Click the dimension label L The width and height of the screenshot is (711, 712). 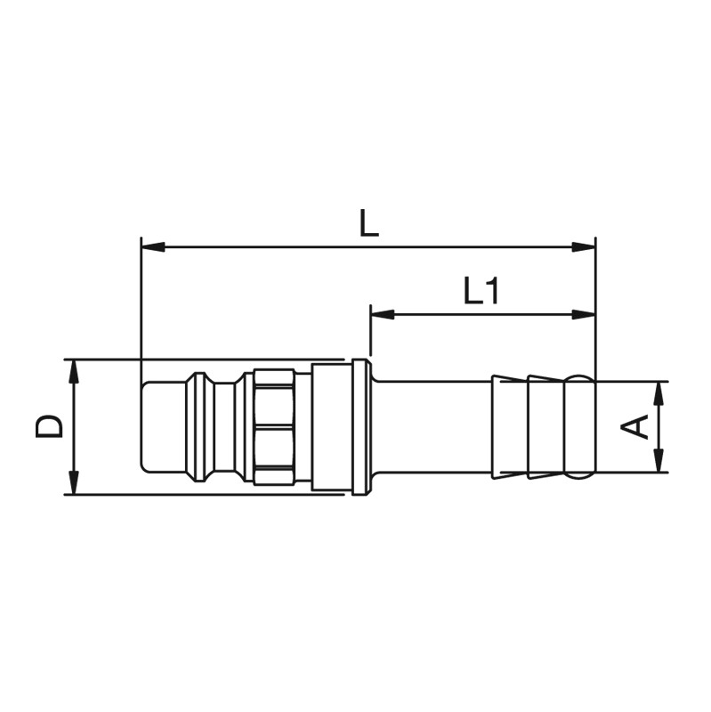point(368,223)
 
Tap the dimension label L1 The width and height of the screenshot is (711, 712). point(481,291)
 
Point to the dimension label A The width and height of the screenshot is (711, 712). point(635,427)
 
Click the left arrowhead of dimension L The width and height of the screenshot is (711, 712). point(153,247)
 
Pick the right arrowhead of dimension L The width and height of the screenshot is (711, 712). point(584,247)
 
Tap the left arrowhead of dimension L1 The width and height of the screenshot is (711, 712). point(383,314)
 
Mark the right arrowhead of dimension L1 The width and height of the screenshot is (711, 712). point(584,314)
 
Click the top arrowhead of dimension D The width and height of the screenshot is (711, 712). point(73,371)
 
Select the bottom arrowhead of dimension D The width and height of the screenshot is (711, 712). point(73,482)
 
